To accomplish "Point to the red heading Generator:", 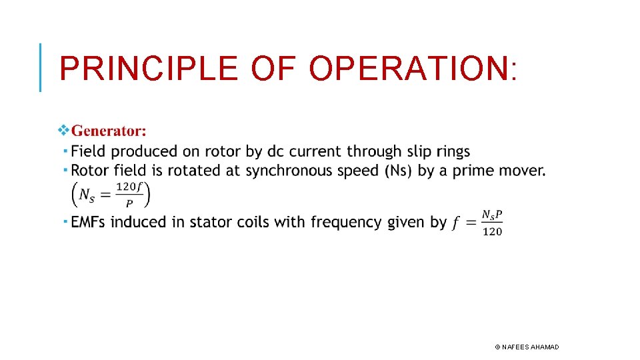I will coord(109,130).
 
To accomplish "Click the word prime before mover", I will coord(476,171).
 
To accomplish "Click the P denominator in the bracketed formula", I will coord(129,203).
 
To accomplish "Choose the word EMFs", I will coord(89,222).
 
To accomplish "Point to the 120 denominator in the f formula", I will coord(492,231).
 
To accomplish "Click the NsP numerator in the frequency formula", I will coord(492,215).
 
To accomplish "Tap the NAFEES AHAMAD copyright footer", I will coord(527,347).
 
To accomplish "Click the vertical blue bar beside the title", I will coord(41,67).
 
